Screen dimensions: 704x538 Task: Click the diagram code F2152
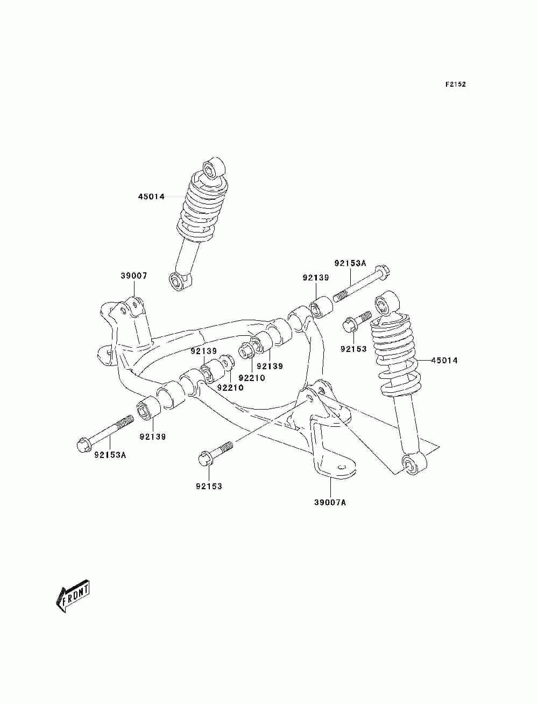tap(455, 85)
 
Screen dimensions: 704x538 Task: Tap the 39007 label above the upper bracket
tap(133, 276)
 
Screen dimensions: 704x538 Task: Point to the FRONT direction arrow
tap(73, 596)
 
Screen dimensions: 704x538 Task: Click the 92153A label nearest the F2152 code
tap(350, 263)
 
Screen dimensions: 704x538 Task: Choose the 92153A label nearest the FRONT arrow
tap(110, 455)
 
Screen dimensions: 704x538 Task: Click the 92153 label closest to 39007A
tap(209, 486)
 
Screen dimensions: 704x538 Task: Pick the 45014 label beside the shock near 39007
tap(151, 196)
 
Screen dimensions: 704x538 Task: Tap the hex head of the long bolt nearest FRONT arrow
tap(84, 445)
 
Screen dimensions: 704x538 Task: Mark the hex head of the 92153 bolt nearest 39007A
tap(204, 458)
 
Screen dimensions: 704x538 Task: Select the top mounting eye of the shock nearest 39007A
tap(385, 304)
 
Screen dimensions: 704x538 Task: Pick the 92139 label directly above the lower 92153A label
tap(153, 437)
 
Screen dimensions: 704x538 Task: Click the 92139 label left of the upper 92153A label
tap(316, 278)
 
